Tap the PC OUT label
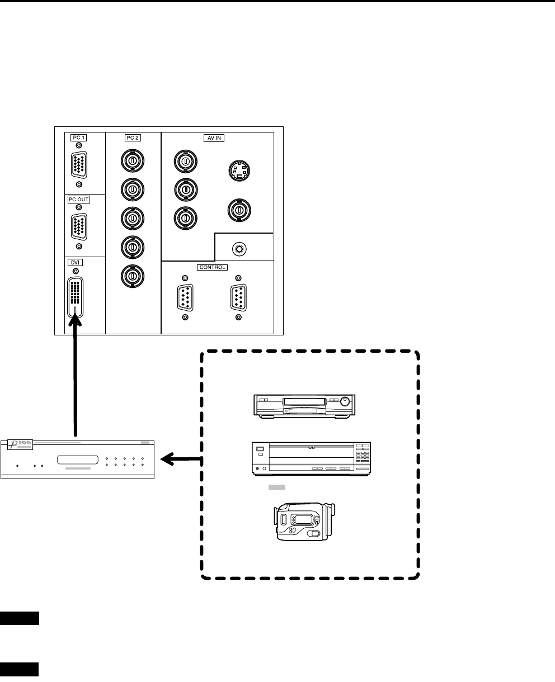point(79,200)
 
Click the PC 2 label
point(133,137)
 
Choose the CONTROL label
point(212,267)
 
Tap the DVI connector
point(76,297)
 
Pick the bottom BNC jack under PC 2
point(133,276)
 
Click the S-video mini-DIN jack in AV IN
point(239,170)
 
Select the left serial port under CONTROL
point(185,297)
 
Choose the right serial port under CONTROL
point(239,297)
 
